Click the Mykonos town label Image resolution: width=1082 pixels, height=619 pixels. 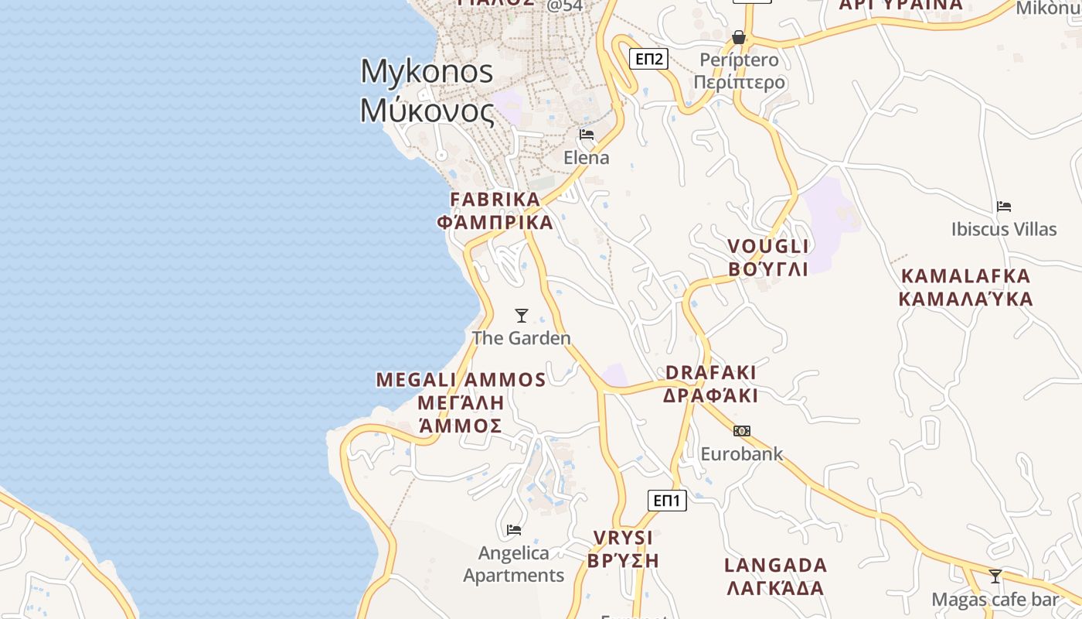tap(427, 91)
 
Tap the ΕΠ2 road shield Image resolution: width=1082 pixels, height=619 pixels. tap(648, 59)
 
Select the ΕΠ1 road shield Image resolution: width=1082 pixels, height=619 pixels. tap(666, 501)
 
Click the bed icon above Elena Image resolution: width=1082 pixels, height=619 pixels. tap(587, 135)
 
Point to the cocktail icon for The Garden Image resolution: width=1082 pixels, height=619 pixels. tap(522, 316)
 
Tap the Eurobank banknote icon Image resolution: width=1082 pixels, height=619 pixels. tap(742, 431)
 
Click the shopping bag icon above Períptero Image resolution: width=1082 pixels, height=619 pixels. tap(739, 37)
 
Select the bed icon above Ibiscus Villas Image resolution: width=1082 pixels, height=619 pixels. tap(1004, 207)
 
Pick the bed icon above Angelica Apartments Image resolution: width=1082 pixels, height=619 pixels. tap(514, 530)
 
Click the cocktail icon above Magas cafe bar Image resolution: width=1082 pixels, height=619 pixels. tap(995, 576)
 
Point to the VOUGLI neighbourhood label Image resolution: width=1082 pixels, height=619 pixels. tap(768, 258)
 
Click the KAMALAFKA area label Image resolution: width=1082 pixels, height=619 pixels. tap(966, 287)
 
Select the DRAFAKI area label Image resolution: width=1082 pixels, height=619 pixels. tap(710, 384)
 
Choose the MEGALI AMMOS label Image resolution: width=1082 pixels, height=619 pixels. tap(461, 402)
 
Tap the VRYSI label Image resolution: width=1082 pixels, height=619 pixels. tap(623, 549)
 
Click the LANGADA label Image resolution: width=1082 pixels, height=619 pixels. tap(776, 576)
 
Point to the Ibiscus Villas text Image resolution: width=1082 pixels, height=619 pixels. tap(1004, 229)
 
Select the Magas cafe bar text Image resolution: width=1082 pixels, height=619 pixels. tap(995, 600)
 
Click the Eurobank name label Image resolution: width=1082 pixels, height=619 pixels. tap(742, 454)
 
